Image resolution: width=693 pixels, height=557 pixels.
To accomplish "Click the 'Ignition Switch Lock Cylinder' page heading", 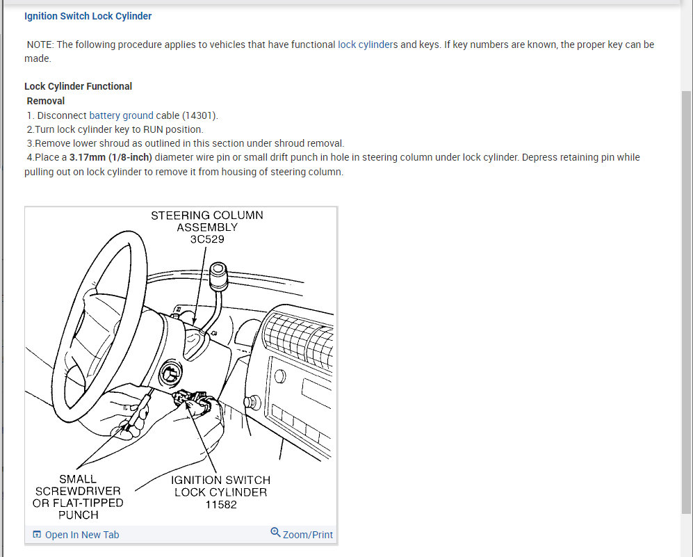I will click(x=88, y=16).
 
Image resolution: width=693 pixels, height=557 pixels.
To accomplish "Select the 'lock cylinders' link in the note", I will click(x=368, y=45).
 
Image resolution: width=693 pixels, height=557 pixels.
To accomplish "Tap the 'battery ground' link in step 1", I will click(x=121, y=115).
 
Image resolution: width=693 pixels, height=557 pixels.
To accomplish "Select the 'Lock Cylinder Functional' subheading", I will click(x=78, y=86).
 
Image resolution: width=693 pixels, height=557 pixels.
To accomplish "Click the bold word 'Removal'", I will click(x=46, y=101).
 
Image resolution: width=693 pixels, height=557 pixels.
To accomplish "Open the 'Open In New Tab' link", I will click(x=81, y=535).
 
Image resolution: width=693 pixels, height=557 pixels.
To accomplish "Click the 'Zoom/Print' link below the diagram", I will click(x=307, y=535).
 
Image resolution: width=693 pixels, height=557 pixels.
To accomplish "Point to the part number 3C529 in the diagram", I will click(x=207, y=239).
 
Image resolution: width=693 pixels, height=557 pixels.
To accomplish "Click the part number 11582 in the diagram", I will click(x=220, y=504).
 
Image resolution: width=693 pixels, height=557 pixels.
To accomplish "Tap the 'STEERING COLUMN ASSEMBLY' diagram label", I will click(x=207, y=221).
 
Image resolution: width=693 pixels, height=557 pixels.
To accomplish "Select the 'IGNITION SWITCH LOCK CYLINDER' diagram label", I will click(x=220, y=485).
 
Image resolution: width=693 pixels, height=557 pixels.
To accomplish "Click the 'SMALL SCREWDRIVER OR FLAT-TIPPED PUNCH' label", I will click(x=78, y=497).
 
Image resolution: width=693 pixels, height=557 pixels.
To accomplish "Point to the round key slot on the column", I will click(x=168, y=376).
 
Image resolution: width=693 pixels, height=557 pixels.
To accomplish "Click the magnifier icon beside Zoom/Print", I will click(x=275, y=533).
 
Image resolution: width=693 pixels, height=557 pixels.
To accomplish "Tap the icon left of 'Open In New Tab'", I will click(x=37, y=535).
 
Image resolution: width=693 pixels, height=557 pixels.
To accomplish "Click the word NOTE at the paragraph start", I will click(x=40, y=45).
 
